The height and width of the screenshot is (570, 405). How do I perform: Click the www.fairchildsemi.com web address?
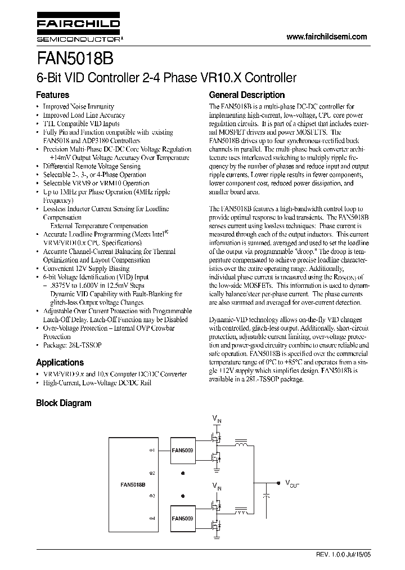[326, 37]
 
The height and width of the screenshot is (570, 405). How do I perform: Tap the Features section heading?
[53, 95]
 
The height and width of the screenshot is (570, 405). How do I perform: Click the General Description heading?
[247, 95]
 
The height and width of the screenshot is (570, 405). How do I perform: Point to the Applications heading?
[60, 362]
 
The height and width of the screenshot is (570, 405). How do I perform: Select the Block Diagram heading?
[64, 403]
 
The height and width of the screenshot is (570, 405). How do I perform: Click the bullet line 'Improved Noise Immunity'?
[78, 106]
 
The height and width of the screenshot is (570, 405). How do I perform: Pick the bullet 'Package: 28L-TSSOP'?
[73, 345]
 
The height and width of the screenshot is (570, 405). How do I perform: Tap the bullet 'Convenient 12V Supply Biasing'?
[86, 269]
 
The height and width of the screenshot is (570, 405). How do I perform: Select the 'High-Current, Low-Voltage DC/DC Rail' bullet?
[97, 383]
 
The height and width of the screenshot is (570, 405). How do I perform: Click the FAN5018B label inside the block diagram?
[133, 484]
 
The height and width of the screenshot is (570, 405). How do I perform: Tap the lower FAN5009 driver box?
[183, 518]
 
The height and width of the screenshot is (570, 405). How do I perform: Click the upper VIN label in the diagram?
[217, 418]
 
